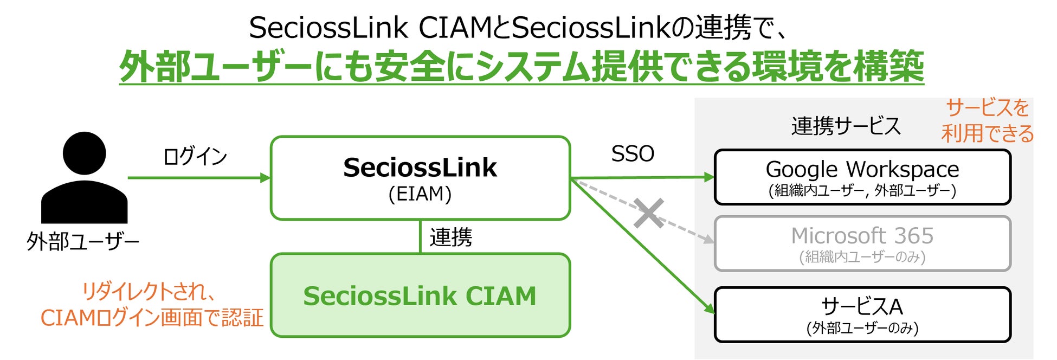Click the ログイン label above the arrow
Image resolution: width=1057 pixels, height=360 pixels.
pos(195,156)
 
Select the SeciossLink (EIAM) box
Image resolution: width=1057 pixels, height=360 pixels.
pos(420,178)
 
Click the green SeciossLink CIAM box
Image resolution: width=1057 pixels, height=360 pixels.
pos(420,295)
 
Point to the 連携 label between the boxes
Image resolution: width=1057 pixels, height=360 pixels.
pos(450,237)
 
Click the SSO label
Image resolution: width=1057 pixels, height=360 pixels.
pos(633,154)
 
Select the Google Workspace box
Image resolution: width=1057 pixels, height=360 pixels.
pos(862,177)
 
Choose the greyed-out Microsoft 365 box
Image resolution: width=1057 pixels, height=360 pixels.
pos(862,243)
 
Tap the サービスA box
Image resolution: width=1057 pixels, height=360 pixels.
pos(862,314)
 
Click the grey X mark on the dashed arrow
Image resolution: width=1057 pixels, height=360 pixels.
pos(648,213)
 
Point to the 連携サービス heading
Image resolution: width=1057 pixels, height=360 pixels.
pos(846,126)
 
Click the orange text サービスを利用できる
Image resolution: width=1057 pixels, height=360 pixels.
pos(988,121)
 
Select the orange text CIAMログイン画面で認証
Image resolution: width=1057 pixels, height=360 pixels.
pos(152,318)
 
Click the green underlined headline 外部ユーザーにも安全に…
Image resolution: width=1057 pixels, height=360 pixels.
pos(521,67)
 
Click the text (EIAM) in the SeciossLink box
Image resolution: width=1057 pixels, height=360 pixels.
pos(420,194)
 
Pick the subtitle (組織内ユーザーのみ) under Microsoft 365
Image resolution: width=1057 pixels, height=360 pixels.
pos(862,256)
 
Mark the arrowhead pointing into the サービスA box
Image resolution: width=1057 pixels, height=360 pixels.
pos(710,308)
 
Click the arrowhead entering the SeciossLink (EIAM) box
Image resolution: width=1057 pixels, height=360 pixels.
pos(265,178)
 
